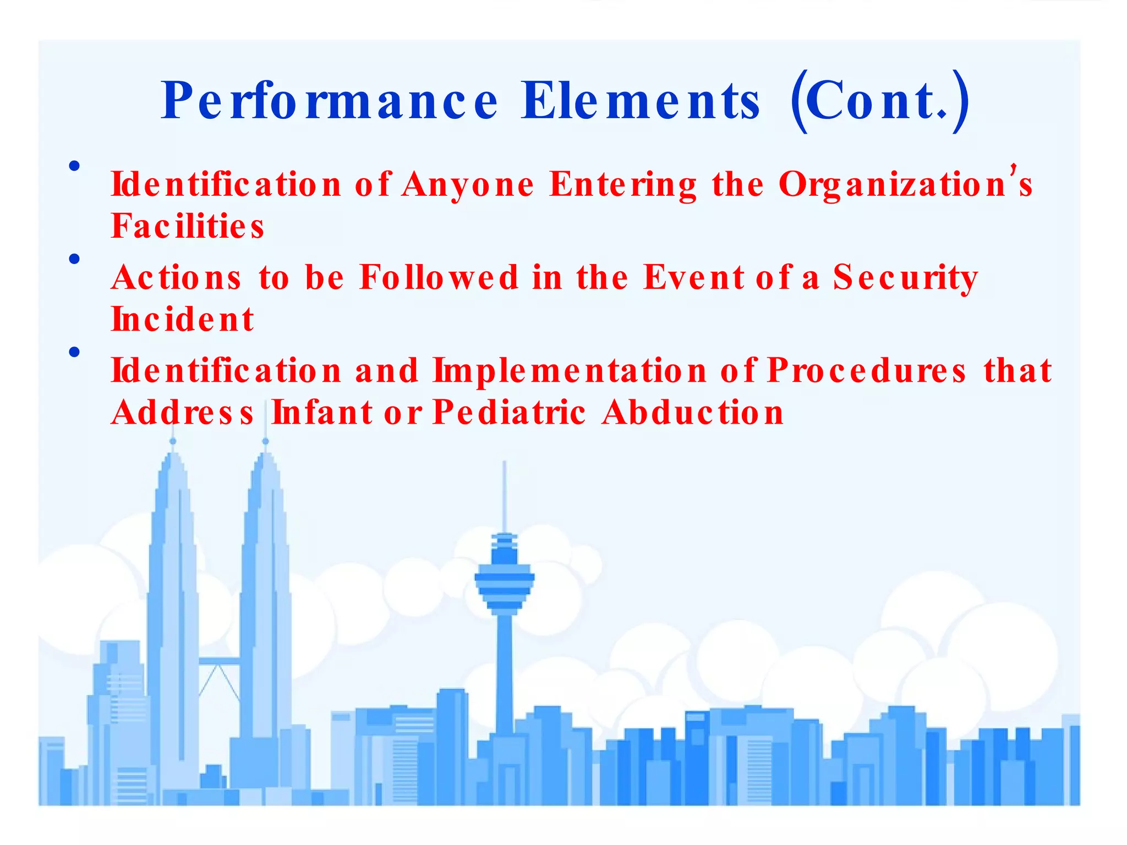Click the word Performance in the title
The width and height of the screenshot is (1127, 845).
(x=329, y=101)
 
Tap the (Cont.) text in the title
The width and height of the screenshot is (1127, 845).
(x=879, y=101)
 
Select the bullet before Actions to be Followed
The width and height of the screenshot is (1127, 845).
(x=75, y=259)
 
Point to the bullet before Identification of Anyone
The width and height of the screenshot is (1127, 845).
(x=75, y=166)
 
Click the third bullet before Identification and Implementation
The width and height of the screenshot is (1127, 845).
(x=75, y=352)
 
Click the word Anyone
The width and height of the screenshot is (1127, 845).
(x=468, y=184)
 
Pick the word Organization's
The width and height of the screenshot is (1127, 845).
(x=905, y=184)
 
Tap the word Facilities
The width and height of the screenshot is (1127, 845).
(x=187, y=226)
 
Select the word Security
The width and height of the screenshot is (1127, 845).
(x=905, y=277)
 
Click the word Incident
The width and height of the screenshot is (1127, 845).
(x=182, y=320)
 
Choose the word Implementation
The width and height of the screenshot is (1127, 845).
(x=570, y=370)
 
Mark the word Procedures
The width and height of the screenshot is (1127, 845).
(x=867, y=370)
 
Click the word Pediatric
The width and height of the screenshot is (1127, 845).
(x=509, y=413)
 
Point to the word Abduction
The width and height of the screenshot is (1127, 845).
(x=692, y=413)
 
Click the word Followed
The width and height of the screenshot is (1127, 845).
(x=439, y=277)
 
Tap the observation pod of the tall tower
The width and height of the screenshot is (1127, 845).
(x=504, y=583)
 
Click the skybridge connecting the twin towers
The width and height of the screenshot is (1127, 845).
(x=219, y=661)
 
